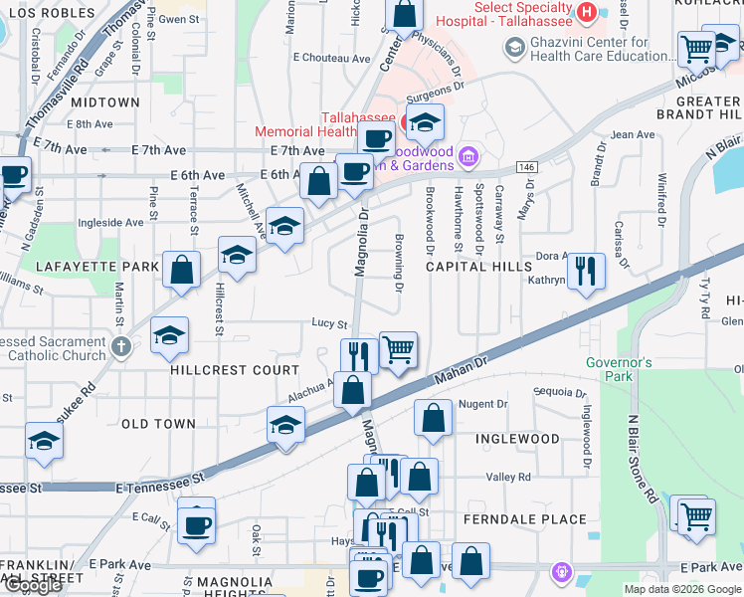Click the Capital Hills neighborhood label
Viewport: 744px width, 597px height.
click(478, 267)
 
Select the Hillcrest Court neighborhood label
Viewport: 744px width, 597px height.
click(221, 369)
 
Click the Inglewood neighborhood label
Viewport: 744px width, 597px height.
click(517, 439)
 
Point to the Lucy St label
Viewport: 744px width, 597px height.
click(329, 324)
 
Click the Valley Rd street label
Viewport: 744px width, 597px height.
click(508, 478)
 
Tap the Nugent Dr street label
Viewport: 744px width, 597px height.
click(482, 404)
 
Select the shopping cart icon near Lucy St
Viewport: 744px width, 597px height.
click(398, 349)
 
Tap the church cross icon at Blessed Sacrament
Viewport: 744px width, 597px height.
click(121, 346)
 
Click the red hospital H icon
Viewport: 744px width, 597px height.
click(587, 12)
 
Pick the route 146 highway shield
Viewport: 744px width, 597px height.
click(526, 168)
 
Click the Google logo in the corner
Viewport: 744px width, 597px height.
click(33, 585)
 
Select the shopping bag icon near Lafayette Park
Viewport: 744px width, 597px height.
click(182, 269)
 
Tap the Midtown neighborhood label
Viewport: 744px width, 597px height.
click(105, 102)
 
